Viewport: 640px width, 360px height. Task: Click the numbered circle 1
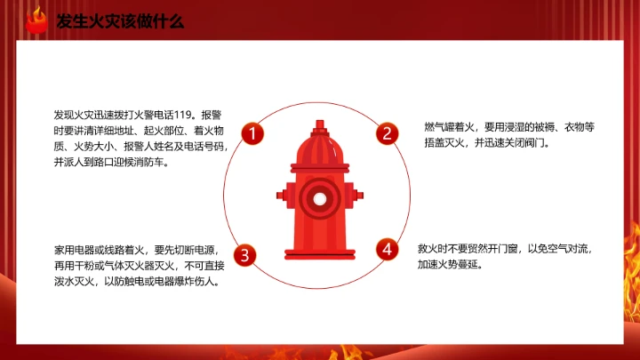click(x=252, y=134)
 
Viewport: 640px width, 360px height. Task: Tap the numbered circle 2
click(x=387, y=134)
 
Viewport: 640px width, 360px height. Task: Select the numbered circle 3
click(x=246, y=254)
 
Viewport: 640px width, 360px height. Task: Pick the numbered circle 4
click(x=387, y=249)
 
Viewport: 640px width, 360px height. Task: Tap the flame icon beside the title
click(x=36, y=20)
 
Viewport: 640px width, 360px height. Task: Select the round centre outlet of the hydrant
click(x=318, y=196)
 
